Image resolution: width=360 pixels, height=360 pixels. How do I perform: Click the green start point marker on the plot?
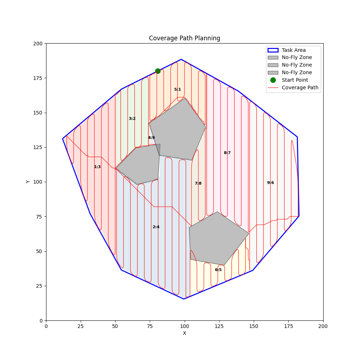(158, 71)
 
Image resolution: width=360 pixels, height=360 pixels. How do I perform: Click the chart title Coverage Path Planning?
(184, 38)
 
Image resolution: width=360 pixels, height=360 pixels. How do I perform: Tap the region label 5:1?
(177, 90)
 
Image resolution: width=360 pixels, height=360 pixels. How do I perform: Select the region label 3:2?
(132, 119)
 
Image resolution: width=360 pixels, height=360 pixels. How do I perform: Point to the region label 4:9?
(151, 138)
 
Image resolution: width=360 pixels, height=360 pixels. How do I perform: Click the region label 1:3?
(97, 167)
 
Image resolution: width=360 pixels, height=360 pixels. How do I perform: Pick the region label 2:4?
(156, 227)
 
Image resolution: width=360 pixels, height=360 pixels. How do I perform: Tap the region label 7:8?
(198, 184)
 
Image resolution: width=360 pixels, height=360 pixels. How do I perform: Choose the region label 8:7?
(227, 153)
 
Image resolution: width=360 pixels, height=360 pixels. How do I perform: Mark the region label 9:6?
(270, 183)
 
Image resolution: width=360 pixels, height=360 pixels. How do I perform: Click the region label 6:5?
(218, 270)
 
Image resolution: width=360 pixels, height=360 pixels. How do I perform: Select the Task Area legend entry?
(293, 50)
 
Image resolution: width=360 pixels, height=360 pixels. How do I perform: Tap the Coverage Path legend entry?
(300, 87)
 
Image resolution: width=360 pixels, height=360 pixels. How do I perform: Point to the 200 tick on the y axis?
(38, 44)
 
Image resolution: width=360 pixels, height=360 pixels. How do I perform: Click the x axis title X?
(184, 333)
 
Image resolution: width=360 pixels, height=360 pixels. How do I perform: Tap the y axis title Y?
(28, 182)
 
